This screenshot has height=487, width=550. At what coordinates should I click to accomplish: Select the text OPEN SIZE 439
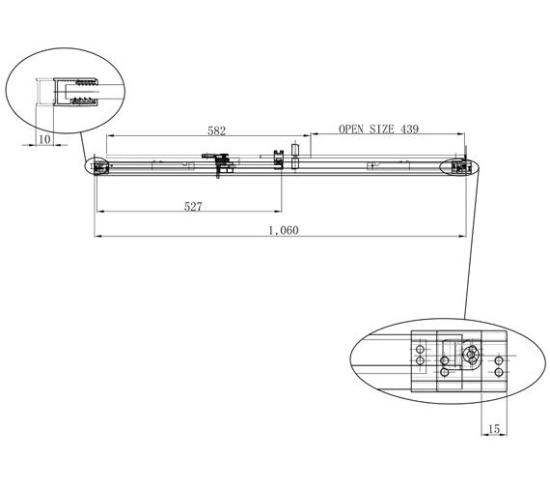tap(378, 129)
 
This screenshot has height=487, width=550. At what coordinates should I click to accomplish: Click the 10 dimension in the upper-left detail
tap(44, 140)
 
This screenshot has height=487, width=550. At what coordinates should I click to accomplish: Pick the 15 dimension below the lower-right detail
tap(493, 428)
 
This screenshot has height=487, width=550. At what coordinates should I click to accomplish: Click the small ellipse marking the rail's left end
tap(97, 167)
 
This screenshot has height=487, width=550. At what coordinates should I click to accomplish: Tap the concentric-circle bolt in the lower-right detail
tap(471, 356)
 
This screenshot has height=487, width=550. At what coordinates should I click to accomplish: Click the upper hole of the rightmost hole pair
tap(498, 360)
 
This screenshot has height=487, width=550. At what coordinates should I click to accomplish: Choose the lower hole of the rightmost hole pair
tap(498, 372)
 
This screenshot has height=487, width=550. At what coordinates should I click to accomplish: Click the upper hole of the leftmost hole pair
tap(419, 348)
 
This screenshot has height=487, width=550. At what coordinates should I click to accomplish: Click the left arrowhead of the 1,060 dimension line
tap(97, 235)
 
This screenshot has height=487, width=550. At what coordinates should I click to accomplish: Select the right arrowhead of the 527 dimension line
tap(279, 211)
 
